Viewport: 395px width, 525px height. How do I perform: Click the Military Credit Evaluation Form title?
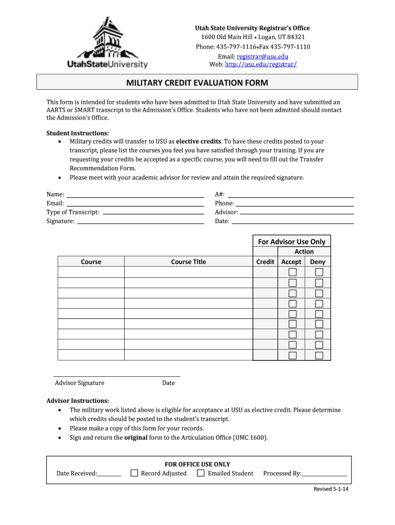click(x=197, y=83)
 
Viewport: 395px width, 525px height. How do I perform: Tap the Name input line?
click(x=135, y=196)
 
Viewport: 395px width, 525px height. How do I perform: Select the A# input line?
click(x=290, y=196)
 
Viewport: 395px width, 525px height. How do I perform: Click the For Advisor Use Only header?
click(x=291, y=241)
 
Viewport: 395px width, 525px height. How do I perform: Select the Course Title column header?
click(x=188, y=261)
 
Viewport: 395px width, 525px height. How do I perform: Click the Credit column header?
click(x=265, y=261)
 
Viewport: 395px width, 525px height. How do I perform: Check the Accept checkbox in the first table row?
click(x=292, y=272)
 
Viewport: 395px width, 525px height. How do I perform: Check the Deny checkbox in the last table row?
click(x=319, y=355)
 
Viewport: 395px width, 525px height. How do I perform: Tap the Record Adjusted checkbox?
click(x=134, y=473)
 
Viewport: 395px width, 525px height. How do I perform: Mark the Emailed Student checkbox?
click(x=201, y=473)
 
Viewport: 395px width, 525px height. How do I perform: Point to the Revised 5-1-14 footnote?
click(x=331, y=489)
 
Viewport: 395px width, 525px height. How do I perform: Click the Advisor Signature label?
click(x=80, y=382)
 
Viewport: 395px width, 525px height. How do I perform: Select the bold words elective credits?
click(x=199, y=141)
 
